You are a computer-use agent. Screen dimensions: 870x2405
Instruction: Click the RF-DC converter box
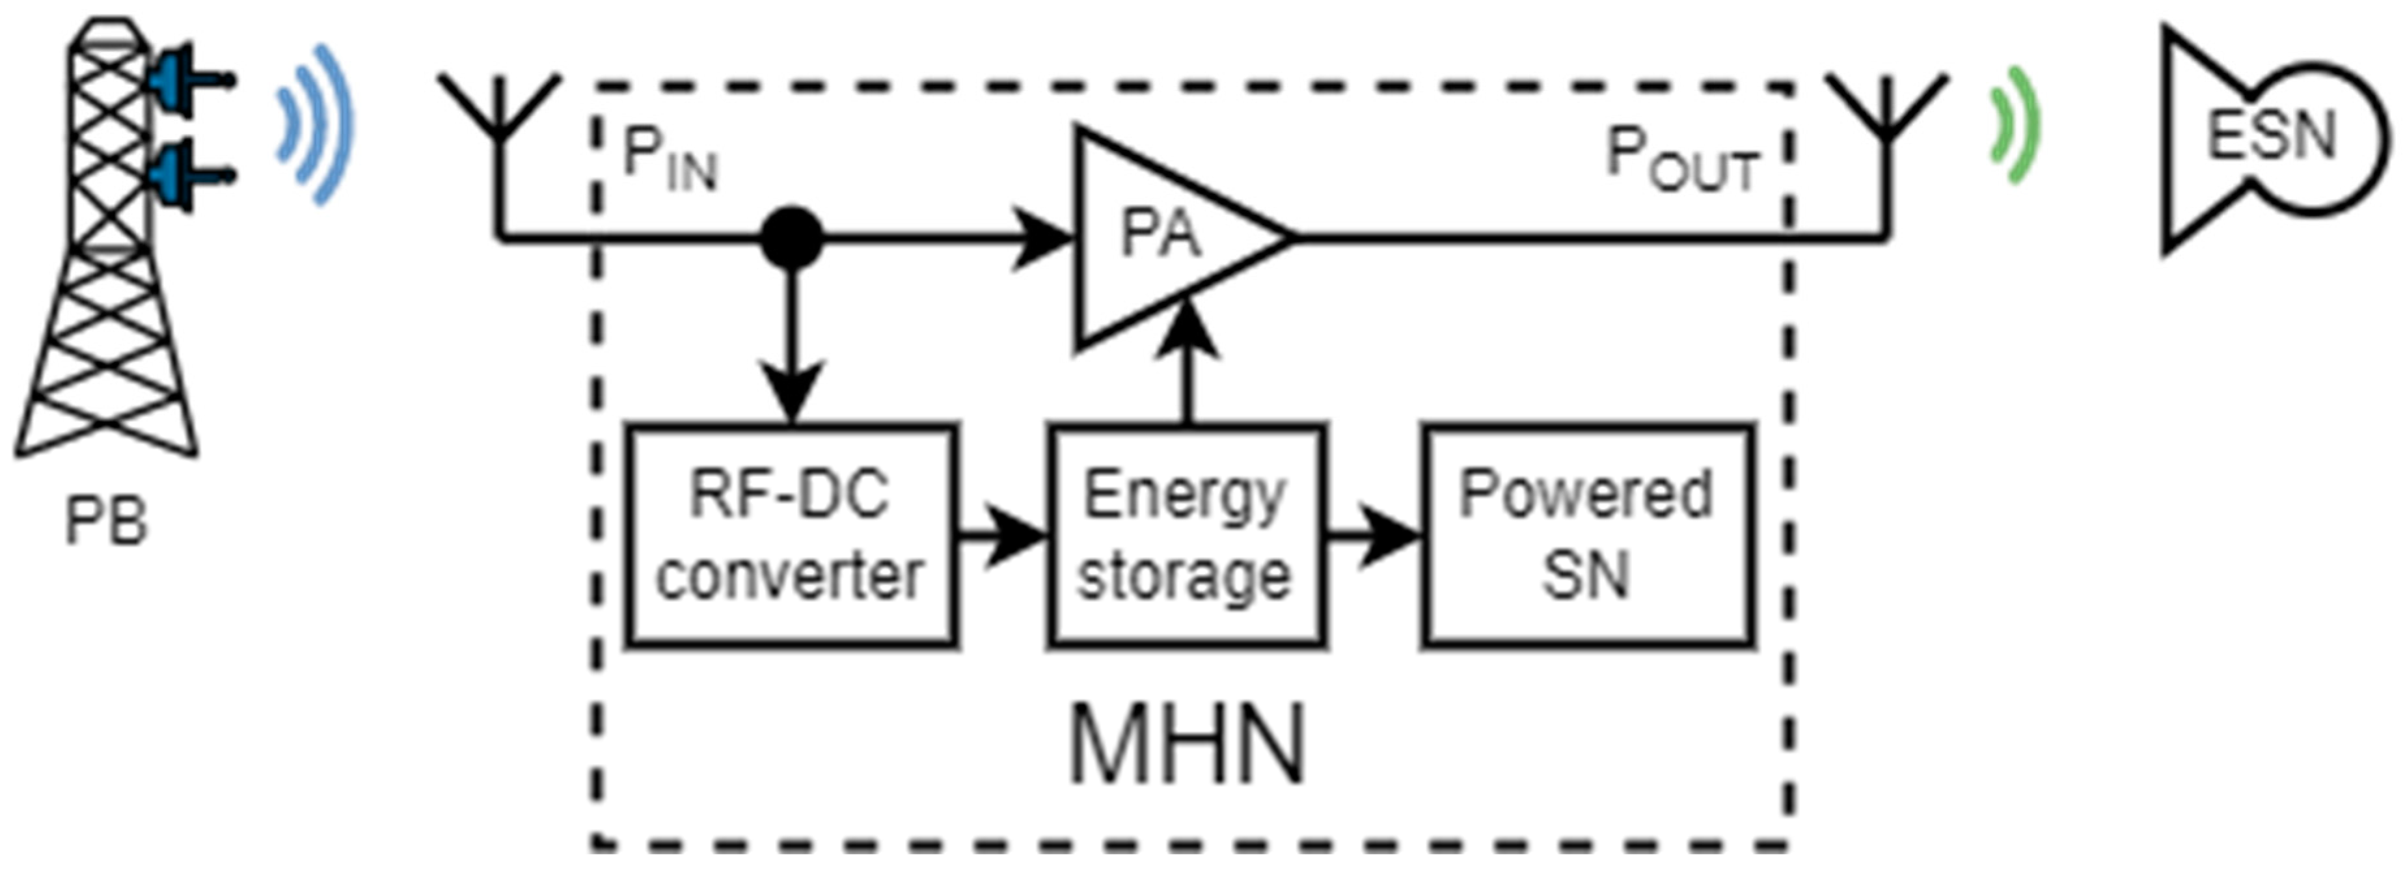coord(790,536)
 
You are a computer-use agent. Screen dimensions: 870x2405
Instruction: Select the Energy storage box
coord(1186,536)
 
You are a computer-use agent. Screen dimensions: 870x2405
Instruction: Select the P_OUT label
coord(1681,161)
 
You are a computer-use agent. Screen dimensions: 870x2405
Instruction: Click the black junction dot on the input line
coord(792,239)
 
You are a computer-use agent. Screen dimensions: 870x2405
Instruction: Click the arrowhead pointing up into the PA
coord(1187,331)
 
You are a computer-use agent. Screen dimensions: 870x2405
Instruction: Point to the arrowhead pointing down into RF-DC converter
coord(792,392)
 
